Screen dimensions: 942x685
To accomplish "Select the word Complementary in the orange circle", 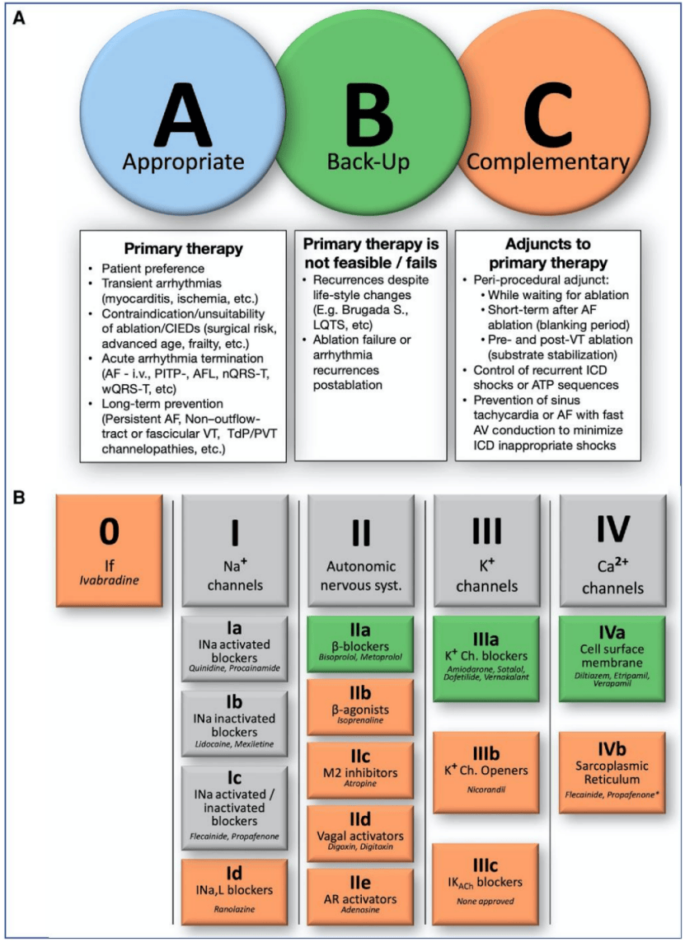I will point(547,162).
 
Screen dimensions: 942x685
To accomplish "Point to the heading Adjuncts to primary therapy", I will point(547,254).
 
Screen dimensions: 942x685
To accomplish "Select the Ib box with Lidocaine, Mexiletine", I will point(235,722).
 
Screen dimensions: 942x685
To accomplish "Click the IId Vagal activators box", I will point(360,831).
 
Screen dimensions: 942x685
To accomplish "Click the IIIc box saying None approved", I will point(486,880).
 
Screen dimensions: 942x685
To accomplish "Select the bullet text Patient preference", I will point(155,269).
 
